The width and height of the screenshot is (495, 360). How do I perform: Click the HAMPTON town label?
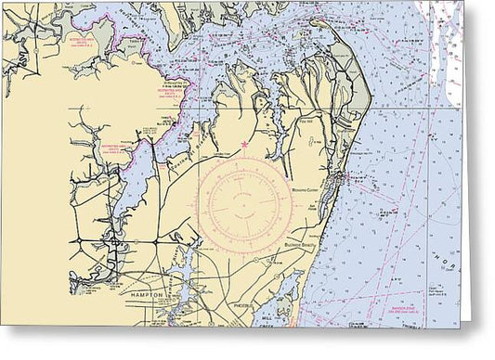pos(148,294)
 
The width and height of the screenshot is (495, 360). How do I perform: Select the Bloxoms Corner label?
pos(306,173)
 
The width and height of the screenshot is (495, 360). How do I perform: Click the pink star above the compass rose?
pos(244,143)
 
